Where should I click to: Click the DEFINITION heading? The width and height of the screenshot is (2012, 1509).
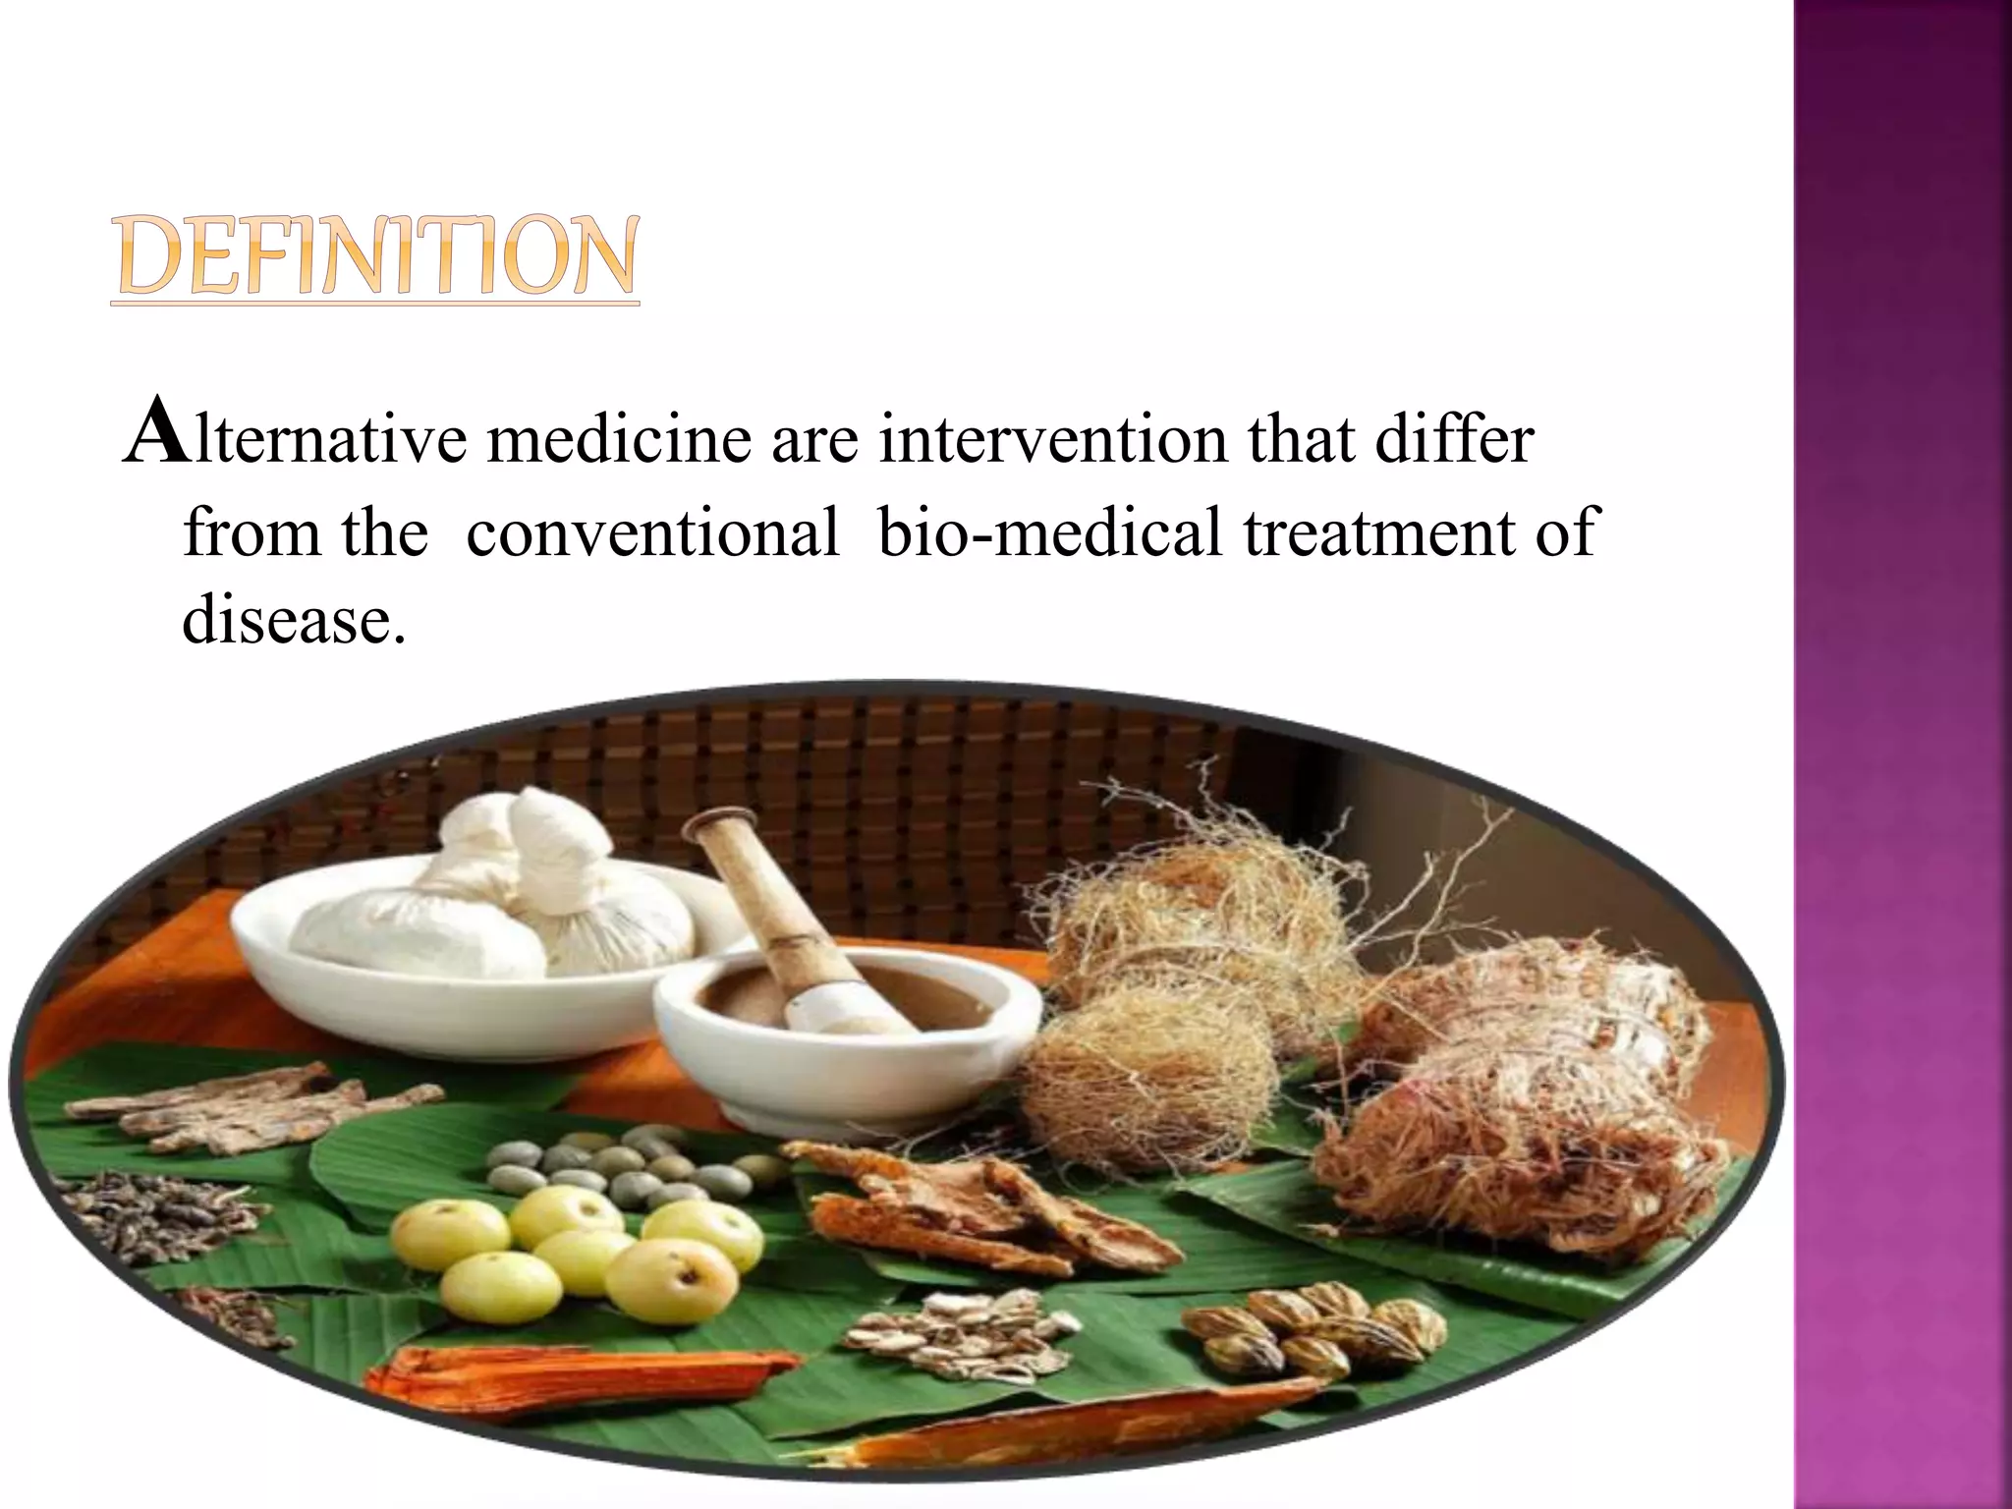[374, 257]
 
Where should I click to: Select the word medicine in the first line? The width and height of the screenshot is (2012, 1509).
[619, 439]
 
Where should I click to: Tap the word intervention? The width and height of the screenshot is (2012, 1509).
[1051, 439]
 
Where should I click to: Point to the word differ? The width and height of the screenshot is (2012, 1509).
[1454, 439]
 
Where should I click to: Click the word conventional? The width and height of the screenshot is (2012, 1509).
[652, 532]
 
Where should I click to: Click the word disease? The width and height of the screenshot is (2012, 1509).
[293, 621]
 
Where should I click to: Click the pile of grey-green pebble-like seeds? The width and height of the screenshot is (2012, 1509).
[629, 1164]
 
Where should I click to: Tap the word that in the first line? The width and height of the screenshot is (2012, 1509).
[1293, 439]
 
